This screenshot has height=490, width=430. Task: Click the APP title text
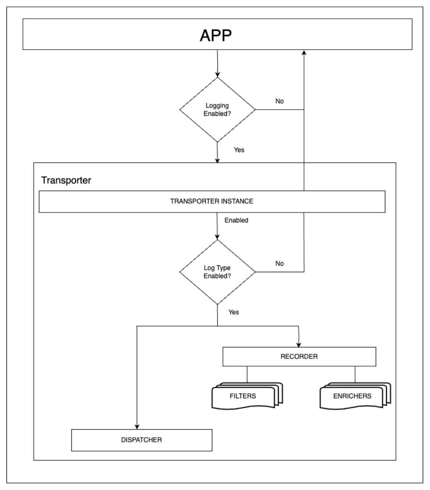click(216, 35)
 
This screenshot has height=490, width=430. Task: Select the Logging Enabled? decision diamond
click(217, 110)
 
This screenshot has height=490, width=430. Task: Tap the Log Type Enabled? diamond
click(217, 272)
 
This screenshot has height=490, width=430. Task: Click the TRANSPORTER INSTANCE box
click(212, 202)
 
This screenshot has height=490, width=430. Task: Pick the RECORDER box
click(299, 357)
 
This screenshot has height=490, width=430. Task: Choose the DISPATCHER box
click(142, 440)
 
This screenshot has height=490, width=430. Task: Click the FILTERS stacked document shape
click(247, 396)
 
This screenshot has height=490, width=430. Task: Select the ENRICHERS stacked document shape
click(355, 396)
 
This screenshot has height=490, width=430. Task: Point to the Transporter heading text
click(66, 180)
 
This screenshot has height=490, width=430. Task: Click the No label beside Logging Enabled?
click(280, 101)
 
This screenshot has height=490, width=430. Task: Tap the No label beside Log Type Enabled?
click(280, 263)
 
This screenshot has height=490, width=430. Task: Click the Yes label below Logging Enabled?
click(239, 150)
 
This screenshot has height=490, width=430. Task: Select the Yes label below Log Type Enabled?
click(233, 312)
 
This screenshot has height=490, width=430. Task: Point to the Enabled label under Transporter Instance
click(236, 220)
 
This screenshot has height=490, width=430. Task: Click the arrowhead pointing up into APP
click(304, 52)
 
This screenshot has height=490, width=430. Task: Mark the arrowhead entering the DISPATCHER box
click(137, 427)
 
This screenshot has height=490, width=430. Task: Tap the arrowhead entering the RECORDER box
click(299, 345)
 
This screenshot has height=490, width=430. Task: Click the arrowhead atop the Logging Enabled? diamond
click(217, 75)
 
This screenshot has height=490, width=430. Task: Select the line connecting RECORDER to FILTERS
click(247, 375)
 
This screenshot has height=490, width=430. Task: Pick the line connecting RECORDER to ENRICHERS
click(355, 375)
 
